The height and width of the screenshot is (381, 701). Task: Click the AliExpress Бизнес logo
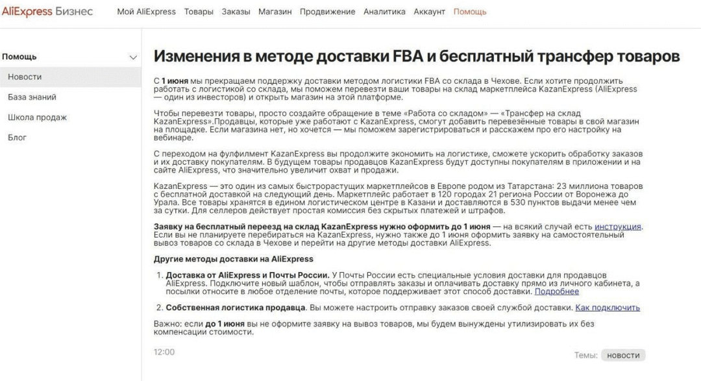pyautogui.click(x=47, y=12)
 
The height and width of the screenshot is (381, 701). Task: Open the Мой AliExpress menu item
pyautogui.click(x=146, y=12)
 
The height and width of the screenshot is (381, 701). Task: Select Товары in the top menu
pyautogui.click(x=199, y=12)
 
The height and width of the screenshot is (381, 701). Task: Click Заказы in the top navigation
pyautogui.click(x=236, y=12)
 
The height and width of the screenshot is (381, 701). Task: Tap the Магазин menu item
pyautogui.click(x=275, y=12)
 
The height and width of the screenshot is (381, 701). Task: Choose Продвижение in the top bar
pyautogui.click(x=327, y=12)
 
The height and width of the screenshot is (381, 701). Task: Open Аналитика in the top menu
pyautogui.click(x=384, y=12)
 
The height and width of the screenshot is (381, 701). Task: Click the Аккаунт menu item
pyautogui.click(x=430, y=12)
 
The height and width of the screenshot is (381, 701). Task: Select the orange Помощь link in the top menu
pyautogui.click(x=470, y=12)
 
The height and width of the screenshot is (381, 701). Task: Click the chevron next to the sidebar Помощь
pyautogui.click(x=134, y=57)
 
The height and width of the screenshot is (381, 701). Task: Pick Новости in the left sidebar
pyautogui.click(x=25, y=77)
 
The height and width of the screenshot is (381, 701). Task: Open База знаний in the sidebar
pyautogui.click(x=32, y=97)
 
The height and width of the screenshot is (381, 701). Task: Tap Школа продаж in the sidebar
pyautogui.click(x=37, y=117)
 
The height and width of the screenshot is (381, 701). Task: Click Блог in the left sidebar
pyautogui.click(x=17, y=138)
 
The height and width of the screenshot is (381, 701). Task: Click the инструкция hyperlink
pyautogui.click(x=618, y=227)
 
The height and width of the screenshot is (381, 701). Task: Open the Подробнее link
pyautogui.click(x=556, y=292)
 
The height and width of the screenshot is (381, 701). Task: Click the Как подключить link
pyautogui.click(x=608, y=308)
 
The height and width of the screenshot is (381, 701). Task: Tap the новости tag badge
pyautogui.click(x=623, y=355)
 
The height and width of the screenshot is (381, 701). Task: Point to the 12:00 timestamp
pyautogui.click(x=164, y=352)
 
